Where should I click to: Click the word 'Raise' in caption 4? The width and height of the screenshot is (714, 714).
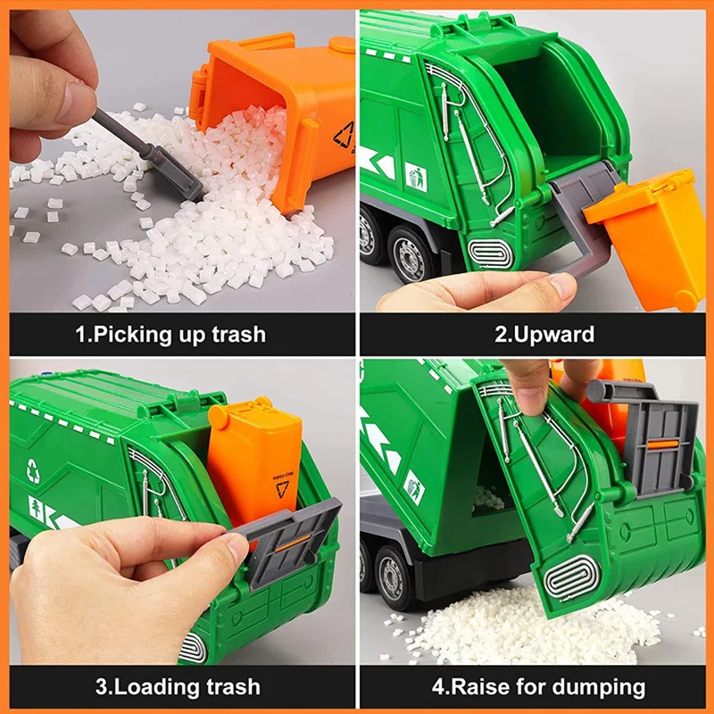pos(479,686)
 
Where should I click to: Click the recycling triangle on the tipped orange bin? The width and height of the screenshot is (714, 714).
pos(344,136)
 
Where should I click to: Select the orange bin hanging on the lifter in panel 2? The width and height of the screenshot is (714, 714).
pos(645,237)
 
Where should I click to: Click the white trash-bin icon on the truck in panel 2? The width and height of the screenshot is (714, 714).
pos(416,177)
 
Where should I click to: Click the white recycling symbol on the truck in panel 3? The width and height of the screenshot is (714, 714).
pos(34,470)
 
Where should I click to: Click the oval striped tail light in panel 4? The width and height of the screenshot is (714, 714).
pos(572,578)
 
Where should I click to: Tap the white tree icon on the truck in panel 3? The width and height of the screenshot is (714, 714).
pos(35,508)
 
